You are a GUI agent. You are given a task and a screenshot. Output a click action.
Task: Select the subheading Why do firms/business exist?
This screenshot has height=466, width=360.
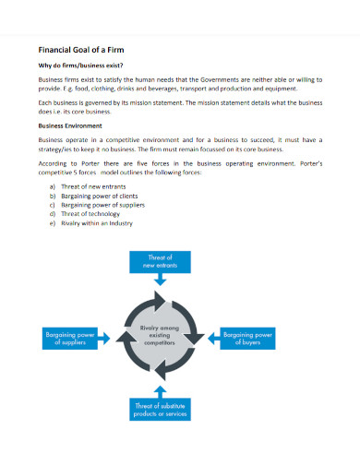click(80, 66)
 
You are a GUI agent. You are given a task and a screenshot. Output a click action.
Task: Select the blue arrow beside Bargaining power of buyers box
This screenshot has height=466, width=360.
click(210, 338)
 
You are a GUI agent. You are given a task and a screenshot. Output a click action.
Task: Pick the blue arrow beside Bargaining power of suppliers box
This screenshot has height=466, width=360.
click(108, 338)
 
